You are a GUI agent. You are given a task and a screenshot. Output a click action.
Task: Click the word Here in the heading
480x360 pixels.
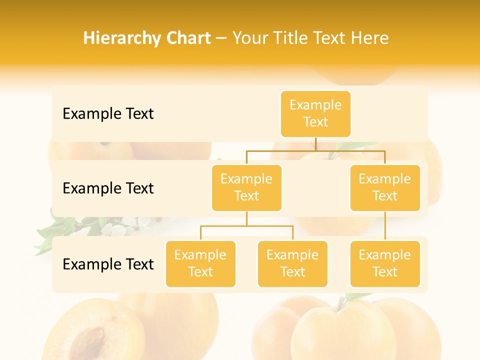tap(370, 38)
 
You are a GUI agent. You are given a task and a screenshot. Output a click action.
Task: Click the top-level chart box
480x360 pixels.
tap(315, 113)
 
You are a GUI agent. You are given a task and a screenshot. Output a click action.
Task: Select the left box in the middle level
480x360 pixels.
tap(246, 187)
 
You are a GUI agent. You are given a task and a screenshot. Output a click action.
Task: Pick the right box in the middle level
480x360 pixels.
tap(385, 187)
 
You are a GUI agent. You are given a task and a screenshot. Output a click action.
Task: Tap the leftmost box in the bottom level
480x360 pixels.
tap(200, 263)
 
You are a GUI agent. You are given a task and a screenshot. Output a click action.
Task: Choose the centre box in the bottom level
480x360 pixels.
tap(292, 263)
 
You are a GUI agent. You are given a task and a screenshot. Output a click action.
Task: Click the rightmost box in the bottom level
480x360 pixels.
tap(385, 263)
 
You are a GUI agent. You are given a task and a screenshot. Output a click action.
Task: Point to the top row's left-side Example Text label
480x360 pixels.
tap(108, 114)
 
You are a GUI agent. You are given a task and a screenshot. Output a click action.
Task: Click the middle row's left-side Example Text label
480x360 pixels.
tap(108, 188)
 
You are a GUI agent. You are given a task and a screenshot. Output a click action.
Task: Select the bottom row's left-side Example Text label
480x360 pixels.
tap(108, 264)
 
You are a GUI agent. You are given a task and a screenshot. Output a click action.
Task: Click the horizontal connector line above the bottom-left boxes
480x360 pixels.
tap(246, 226)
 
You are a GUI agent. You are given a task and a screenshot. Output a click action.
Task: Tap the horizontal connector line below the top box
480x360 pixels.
tap(315, 150)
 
